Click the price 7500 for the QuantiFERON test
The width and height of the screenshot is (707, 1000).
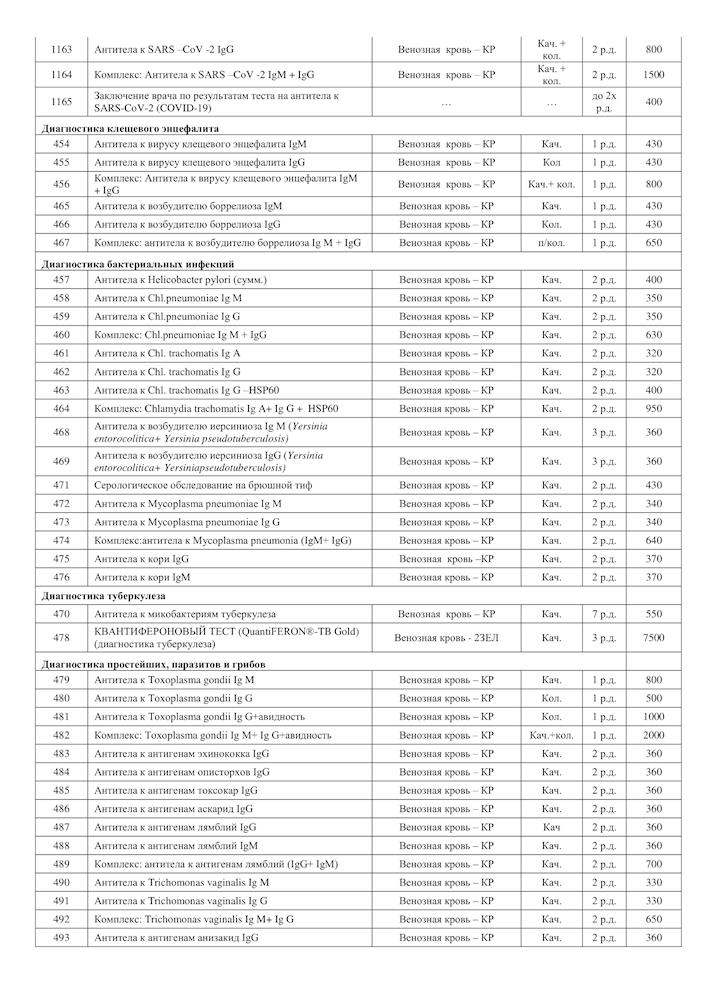tap(654, 637)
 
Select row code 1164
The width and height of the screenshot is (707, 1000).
tap(61, 75)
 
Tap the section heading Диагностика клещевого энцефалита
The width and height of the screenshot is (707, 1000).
tap(130, 128)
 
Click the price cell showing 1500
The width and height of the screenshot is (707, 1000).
tap(654, 75)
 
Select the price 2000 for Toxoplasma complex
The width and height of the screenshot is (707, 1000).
tap(654, 735)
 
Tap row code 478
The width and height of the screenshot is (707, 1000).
tap(61, 637)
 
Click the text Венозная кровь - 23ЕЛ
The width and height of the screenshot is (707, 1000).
tap(445, 637)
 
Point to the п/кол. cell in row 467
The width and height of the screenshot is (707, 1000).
tap(551, 243)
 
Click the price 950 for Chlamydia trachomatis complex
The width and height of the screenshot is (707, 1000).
tap(654, 408)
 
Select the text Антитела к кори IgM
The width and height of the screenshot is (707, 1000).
tap(143, 577)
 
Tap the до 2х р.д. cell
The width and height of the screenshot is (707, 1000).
tap(603, 102)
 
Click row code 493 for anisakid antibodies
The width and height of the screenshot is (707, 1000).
tap(61, 937)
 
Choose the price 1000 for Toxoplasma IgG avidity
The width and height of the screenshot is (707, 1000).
tap(654, 717)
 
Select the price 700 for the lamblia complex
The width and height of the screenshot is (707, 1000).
tap(654, 864)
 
